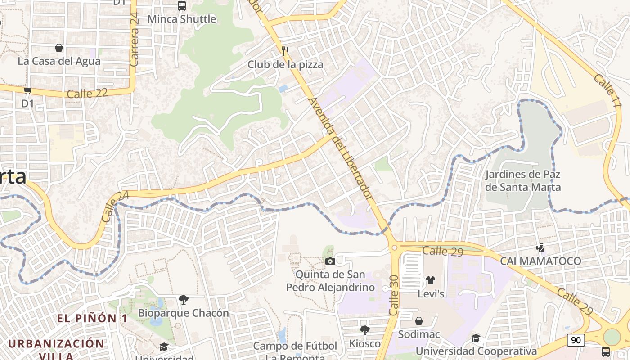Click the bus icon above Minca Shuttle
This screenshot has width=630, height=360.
(182, 6)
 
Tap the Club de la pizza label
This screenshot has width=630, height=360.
(285, 64)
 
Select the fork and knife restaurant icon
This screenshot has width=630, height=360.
(285, 50)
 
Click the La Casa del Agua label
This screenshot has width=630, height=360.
(59, 61)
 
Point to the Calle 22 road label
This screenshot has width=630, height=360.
(87, 94)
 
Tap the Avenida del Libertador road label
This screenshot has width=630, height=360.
(341, 148)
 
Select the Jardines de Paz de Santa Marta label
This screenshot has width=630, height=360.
(523, 180)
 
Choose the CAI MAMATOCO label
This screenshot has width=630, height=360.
(540, 261)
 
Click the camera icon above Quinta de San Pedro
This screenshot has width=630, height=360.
(330, 261)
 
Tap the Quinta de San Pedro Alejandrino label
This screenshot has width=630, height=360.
(330, 281)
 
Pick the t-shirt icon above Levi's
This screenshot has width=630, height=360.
(431, 280)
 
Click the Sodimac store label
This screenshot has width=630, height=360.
(419, 334)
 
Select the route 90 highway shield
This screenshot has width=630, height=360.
(576, 340)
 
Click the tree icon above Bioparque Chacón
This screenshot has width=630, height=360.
(183, 299)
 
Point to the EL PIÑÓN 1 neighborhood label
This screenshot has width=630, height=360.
(92, 318)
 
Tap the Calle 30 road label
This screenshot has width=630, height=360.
(393, 295)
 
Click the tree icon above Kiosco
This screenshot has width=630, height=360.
(365, 330)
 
